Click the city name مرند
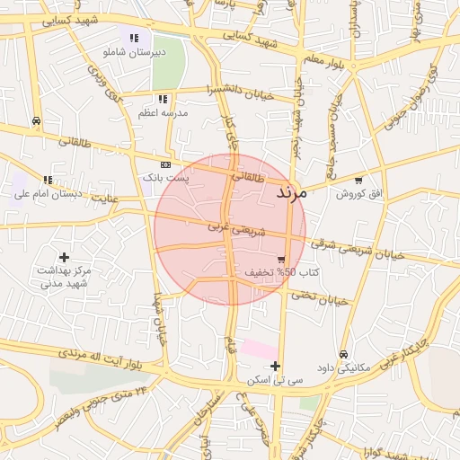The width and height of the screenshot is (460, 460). [291, 192]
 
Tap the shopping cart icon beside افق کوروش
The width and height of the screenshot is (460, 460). [359, 178]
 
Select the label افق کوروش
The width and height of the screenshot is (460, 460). [359, 194]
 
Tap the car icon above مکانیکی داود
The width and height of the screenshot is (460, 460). [345, 353]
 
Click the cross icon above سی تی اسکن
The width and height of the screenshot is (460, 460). [275, 366]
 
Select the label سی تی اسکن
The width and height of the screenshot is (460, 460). [275, 381]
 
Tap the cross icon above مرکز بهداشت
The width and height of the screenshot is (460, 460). [64, 257]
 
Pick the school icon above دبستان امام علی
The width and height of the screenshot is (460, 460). [47, 180]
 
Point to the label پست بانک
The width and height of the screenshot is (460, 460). [165, 179]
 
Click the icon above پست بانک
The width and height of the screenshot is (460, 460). [165, 165]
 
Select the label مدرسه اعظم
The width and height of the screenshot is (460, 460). [162, 113]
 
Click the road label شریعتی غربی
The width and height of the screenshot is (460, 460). [237, 230]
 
